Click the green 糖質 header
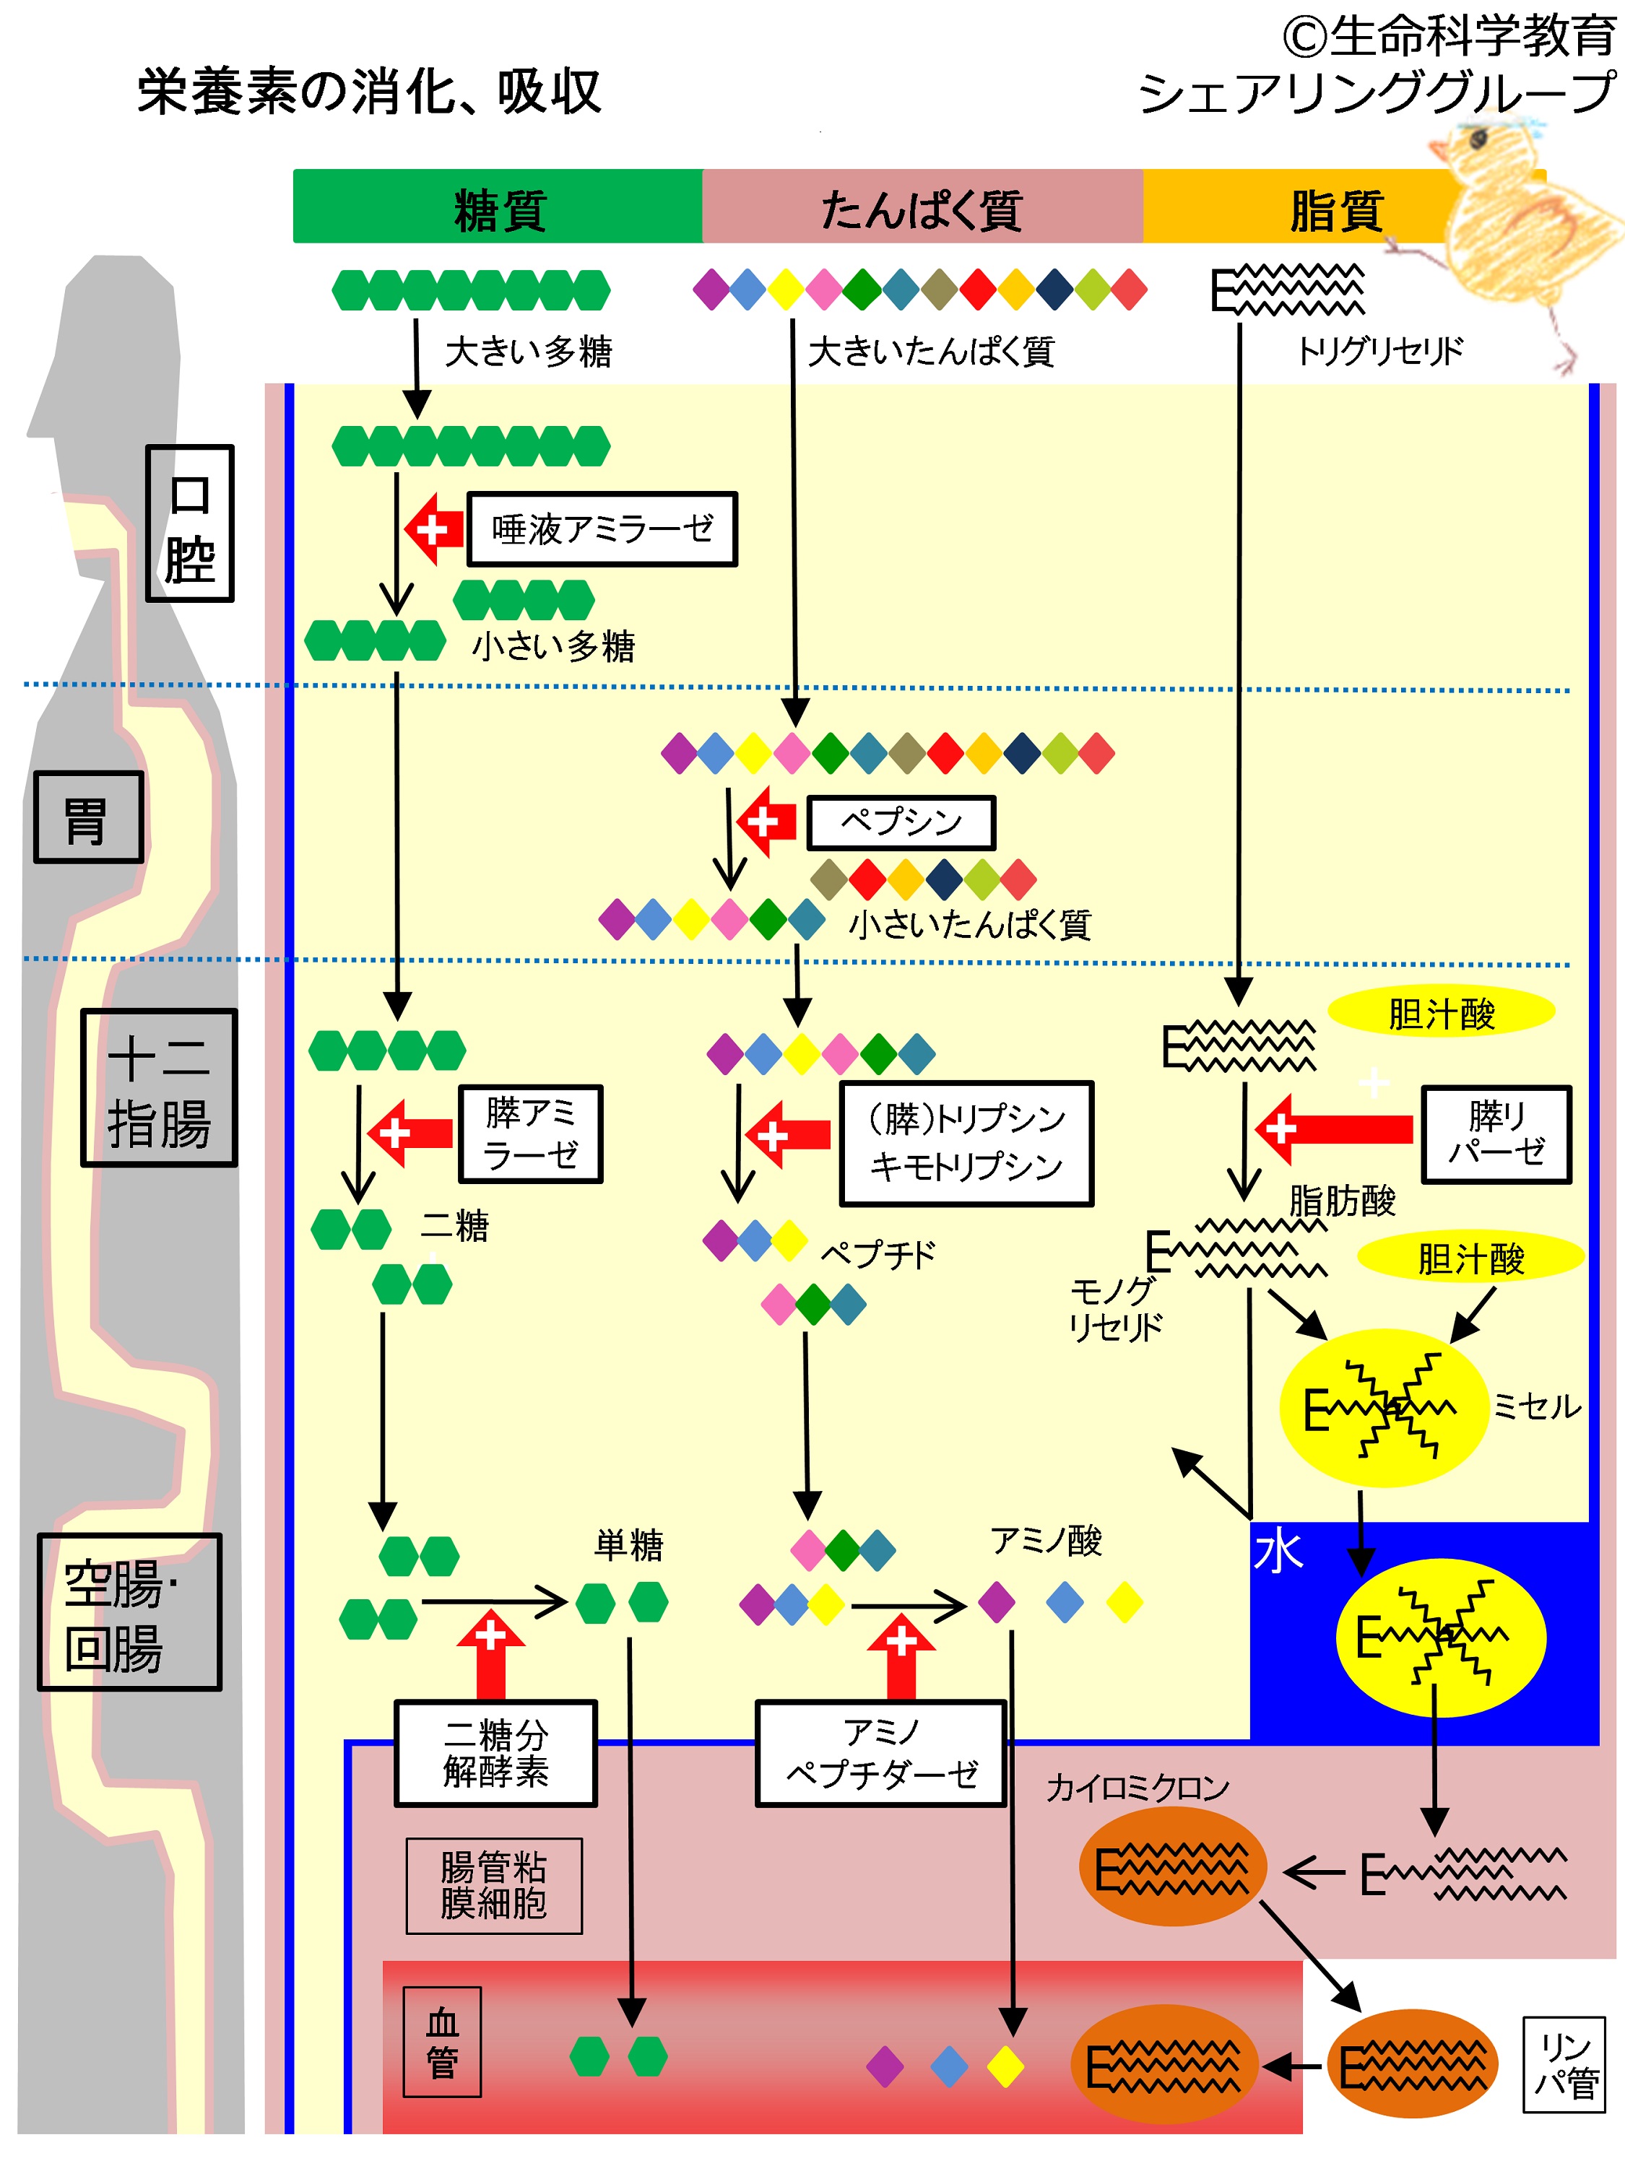tap(498, 206)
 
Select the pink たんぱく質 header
tap(922, 206)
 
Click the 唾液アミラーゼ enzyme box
tap(602, 529)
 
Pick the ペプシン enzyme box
tap(901, 822)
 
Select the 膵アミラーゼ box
tap(531, 1134)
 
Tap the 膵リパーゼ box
tap(1496, 1135)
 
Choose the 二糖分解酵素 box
tap(495, 1754)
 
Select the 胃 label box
tap(88, 817)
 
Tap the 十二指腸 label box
tap(159, 1088)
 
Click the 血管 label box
tap(443, 2042)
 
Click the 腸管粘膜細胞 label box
tap(494, 1885)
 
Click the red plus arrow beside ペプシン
tap(766, 822)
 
